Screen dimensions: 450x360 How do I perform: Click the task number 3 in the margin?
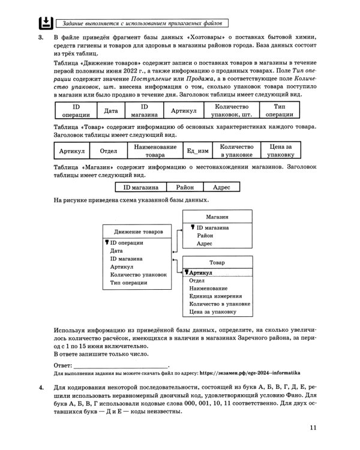click(x=41, y=38)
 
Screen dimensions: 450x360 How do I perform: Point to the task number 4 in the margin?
click(x=41, y=389)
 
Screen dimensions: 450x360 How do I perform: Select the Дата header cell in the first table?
click(x=110, y=110)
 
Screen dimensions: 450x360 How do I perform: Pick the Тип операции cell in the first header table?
click(x=279, y=110)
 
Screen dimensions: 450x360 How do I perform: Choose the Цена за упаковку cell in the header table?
click(x=280, y=150)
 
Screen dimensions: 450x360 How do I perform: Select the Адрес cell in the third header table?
click(x=222, y=187)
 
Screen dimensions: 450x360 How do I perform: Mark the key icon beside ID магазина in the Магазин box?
click(x=193, y=227)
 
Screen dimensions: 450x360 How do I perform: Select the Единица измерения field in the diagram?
click(x=215, y=296)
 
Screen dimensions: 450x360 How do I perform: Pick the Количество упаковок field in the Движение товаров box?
click(x=138, y=274)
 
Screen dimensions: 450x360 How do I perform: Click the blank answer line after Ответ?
click(x=121, y=364)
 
